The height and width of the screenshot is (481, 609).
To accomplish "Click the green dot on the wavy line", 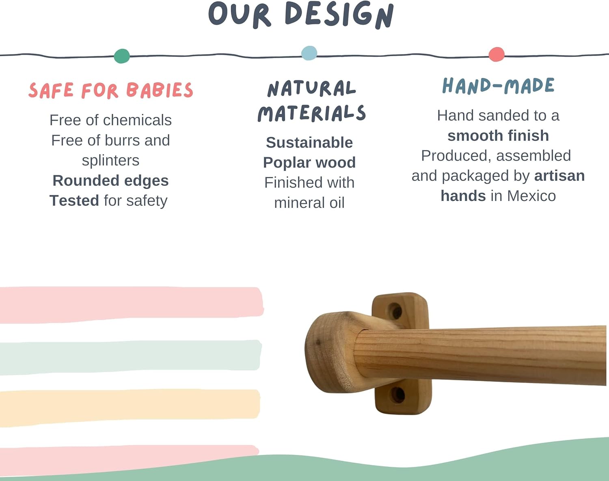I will [x=122, y=56].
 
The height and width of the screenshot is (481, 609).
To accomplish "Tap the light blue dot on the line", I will [x=309, y=53].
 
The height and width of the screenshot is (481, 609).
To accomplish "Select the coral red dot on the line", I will [x=497, y=54].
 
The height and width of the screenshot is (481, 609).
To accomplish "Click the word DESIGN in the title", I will [x=339, y=15].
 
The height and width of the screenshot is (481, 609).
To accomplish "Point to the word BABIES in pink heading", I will [x=160, y=90].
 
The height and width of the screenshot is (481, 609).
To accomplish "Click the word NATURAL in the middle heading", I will [x=311, y=88].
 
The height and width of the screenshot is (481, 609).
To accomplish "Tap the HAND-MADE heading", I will [x=498, y=86].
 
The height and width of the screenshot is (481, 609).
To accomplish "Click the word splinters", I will [x=110, y=160].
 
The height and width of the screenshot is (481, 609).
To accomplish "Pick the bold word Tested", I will [x=74, y=201].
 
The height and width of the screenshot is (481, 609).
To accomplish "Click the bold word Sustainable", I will [x=309, y=142].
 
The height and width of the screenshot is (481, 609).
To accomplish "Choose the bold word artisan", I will [x=559, y=176].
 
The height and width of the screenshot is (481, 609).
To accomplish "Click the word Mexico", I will [x=531, y=196].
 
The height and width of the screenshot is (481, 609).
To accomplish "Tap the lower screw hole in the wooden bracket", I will [x=398, y=394].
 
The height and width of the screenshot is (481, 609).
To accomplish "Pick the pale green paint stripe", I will [x=130, y=356].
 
